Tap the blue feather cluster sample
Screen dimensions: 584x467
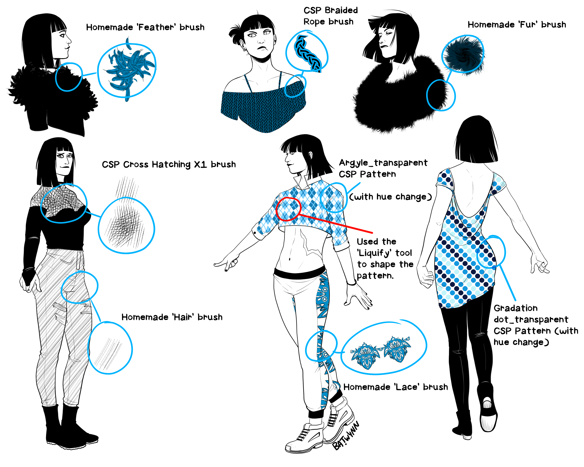(x=129, y=69)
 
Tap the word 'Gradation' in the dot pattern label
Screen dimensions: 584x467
(x=515, y=308)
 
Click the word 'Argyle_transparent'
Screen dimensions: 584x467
(x=383, y=163)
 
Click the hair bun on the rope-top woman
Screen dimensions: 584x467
(x=235, y=33)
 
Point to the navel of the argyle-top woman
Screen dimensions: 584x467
(x=289, y=259)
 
